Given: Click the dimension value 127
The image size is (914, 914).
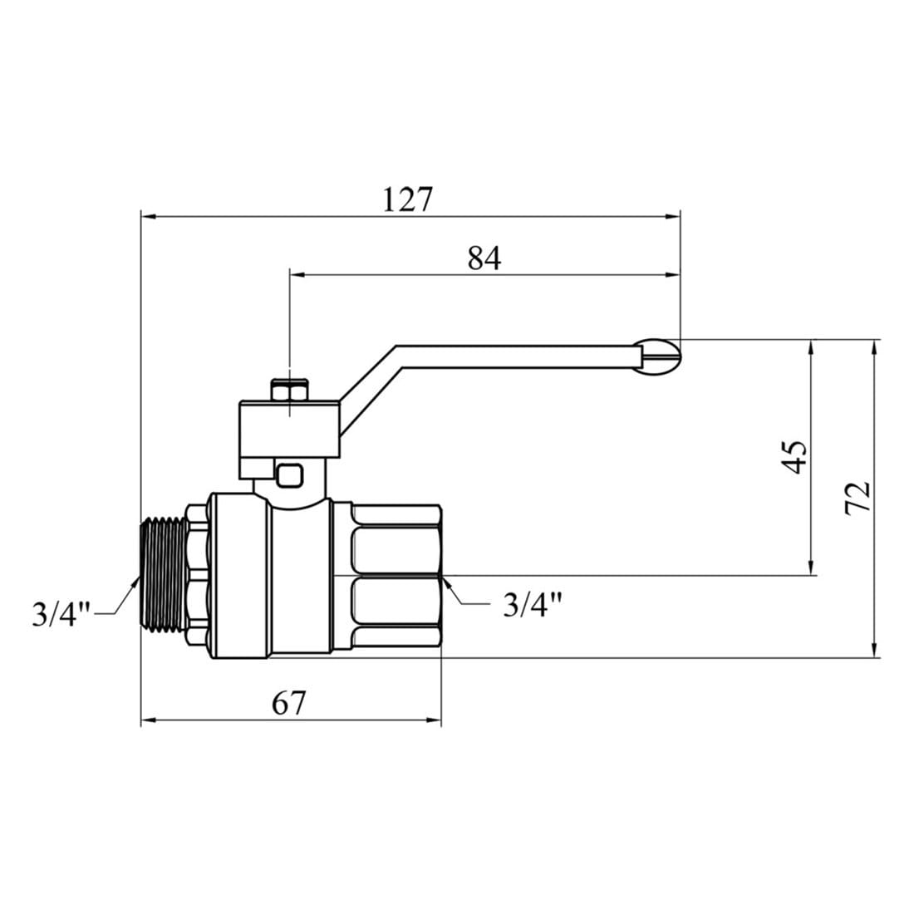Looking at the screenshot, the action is point(408,199).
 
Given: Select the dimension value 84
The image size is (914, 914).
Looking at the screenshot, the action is point(484,258).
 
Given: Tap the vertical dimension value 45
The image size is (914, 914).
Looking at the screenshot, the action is point(794,457).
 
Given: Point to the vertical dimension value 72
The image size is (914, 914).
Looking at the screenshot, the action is point(857,497).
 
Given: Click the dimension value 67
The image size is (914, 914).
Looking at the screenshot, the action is point(288,703).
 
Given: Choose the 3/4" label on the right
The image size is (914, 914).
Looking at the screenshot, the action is point(532,604).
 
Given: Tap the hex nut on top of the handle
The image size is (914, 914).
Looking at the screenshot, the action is point(290,391).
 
